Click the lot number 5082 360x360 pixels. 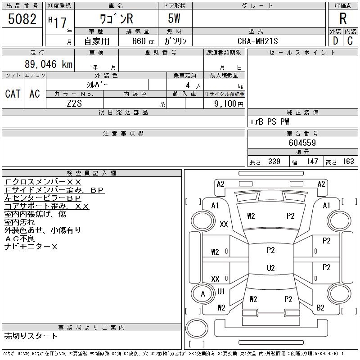pyautogui.click(x=22, y=19)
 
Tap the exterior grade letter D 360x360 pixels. pyautogui.click(x=335, y=41)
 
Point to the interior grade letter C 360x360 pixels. pyautogui.click(x=350, y=41)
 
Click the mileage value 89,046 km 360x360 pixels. pyautogui.click(x=46, y=64)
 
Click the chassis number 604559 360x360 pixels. pyautogui.click(x=302, y=143)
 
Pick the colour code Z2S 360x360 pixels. pyautogui.click(x=75, y=104)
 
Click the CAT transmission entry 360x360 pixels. pyautogui.click(x=13, y=94)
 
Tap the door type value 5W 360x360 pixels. pyautogui.click(x=175, y=20)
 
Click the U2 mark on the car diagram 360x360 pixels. pyautogui.click(x=270, y=268)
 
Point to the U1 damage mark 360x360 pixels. pyautogui.click(x=221, y=292)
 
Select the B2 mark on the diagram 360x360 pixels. pyautogui.click(x=320, y=308)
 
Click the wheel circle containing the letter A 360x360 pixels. pyautogui.click(x=202, y=294)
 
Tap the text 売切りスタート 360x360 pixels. pyautogui.click(x=31, y=336)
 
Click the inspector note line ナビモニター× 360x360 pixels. pyautogui.click(x=31, y=247)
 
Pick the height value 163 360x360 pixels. pyautogui.click(x=348, y=162)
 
